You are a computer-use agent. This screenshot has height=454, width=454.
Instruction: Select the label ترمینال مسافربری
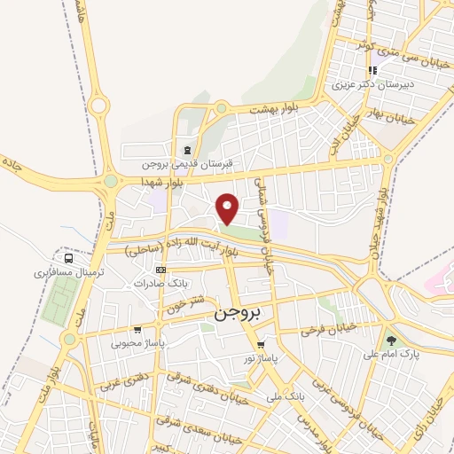coord(63,273)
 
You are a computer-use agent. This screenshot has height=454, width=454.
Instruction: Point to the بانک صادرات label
coord(158,284)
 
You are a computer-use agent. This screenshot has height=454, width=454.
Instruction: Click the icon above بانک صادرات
coord(160,270)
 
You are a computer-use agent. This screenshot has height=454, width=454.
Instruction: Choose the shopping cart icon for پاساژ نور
coord(260,345)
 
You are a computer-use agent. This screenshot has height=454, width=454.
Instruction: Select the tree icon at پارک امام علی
coord(391,340)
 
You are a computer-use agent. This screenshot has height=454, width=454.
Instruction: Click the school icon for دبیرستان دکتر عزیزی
coord(373,71)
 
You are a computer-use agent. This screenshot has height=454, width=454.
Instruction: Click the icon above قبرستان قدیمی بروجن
coord(186,150)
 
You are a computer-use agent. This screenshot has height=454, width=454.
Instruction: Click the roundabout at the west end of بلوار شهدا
coord(111,181)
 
